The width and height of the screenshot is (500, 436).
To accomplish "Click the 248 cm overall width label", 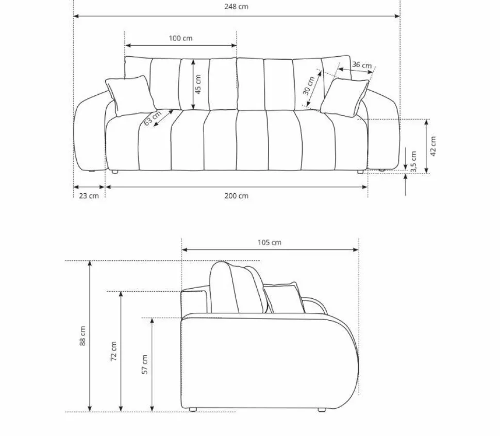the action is coord(236,7).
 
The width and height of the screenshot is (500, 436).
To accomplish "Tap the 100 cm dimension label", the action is coord(180,38).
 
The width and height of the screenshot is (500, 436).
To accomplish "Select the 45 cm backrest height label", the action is coord(198,84).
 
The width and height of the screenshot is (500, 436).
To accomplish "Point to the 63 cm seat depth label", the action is coord(153,118).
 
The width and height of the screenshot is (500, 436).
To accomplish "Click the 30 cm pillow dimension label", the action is coord(309,86).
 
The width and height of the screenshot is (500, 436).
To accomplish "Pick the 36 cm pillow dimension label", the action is coord(362,65).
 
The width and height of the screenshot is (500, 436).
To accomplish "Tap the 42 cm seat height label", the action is coord(432,146).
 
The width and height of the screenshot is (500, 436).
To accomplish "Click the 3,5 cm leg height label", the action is coord(413,162).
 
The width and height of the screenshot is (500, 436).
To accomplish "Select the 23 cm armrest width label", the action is coord(89,196).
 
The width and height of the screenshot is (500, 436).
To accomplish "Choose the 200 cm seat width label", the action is coord(236,196).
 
